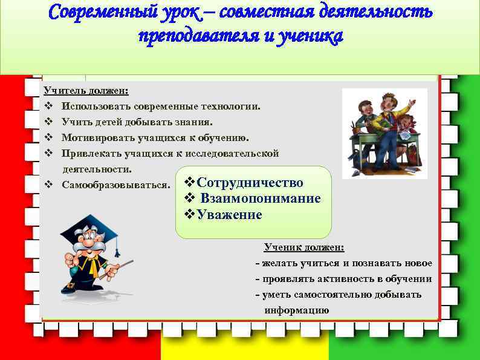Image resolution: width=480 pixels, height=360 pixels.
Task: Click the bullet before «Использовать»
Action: (x=48, y=106)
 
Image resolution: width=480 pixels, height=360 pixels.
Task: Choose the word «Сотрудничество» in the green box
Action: (x=250, y=183)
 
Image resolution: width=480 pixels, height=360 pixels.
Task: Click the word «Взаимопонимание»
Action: (x=261, y=198)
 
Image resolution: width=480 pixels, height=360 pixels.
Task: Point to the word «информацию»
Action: (x=297, y=310)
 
